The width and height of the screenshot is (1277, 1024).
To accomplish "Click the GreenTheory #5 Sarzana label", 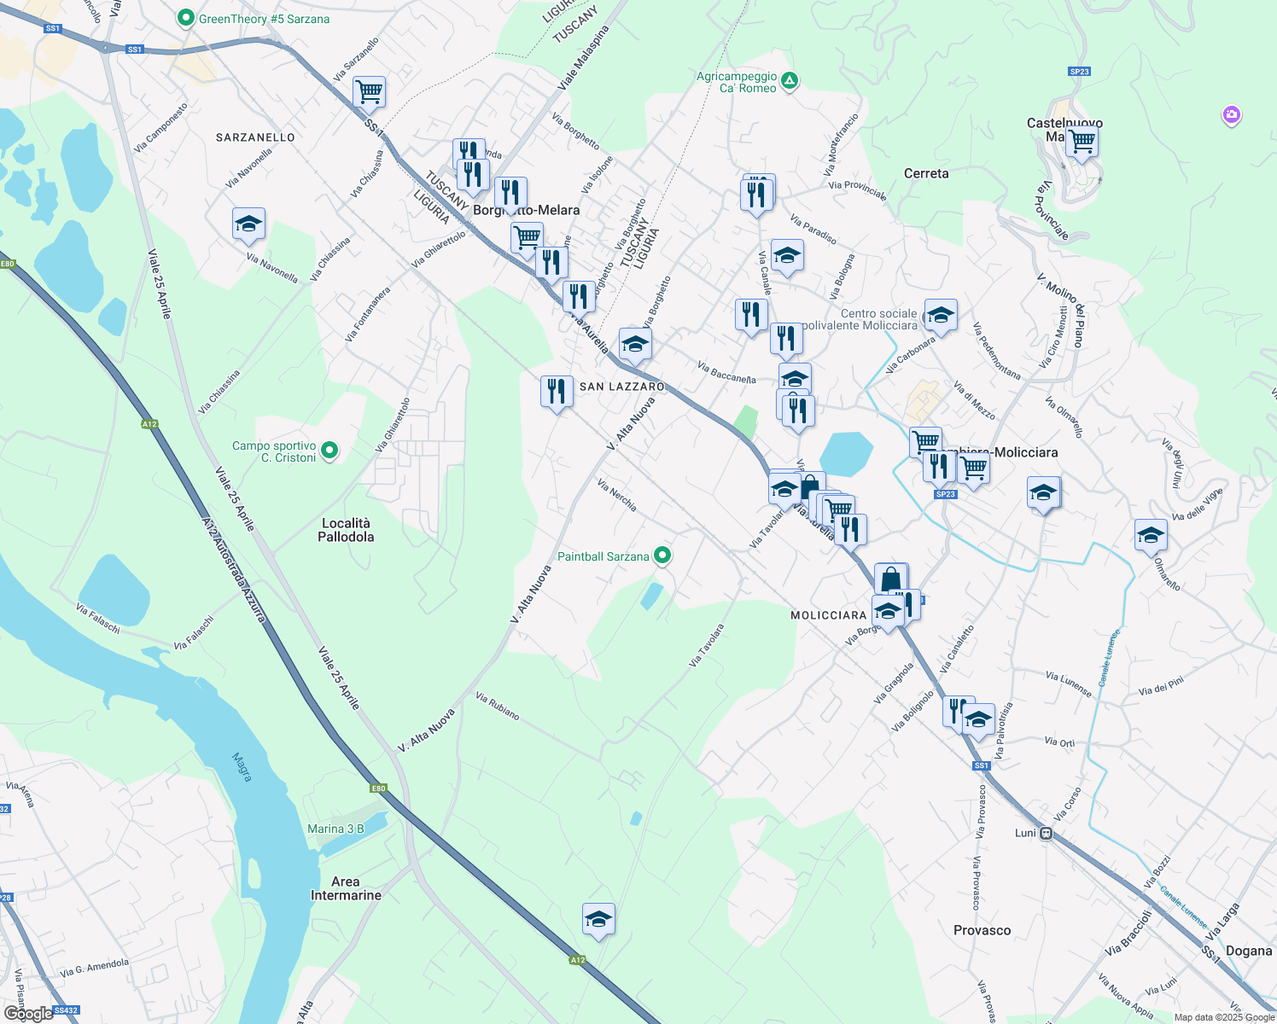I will tap(264, 19).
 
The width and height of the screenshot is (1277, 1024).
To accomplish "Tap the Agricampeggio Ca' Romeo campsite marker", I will tap(790, 82).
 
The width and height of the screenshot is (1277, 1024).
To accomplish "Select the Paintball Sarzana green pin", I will tap(662, 556).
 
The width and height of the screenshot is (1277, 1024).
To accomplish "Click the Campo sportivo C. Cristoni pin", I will tap(329, 451).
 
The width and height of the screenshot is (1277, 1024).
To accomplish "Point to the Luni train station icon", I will tap(1046, 833).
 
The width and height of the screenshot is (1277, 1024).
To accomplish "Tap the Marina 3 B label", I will tap(335, 829).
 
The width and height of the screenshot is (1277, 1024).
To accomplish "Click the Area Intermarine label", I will tap(346, 888).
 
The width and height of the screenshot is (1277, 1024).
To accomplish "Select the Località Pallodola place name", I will tap(346, 530).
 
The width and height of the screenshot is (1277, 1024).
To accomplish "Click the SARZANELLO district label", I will tap(255, 137).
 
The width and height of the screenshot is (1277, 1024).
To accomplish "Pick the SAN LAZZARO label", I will tap(622, 387).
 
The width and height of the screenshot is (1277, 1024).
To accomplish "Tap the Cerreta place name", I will tap(926, 173).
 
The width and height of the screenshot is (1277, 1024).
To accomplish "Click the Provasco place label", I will tap(982, 930).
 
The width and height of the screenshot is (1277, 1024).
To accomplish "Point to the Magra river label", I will tap(242, 766).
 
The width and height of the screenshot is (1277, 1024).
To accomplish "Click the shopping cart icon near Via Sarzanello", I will tap(369, 91).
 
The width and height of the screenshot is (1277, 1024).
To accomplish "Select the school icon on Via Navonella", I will tap(248, 224).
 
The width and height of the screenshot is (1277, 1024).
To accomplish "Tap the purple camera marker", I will tap(1231, 114).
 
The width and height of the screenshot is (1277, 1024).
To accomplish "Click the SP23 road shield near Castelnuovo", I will tap(1079, 72).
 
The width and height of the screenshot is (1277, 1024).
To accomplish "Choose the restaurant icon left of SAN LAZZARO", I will tap(557, 392).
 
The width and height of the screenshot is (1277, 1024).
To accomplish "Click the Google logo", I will tap(29, 1014).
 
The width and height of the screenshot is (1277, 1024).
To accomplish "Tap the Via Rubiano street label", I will tap(498, 706).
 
